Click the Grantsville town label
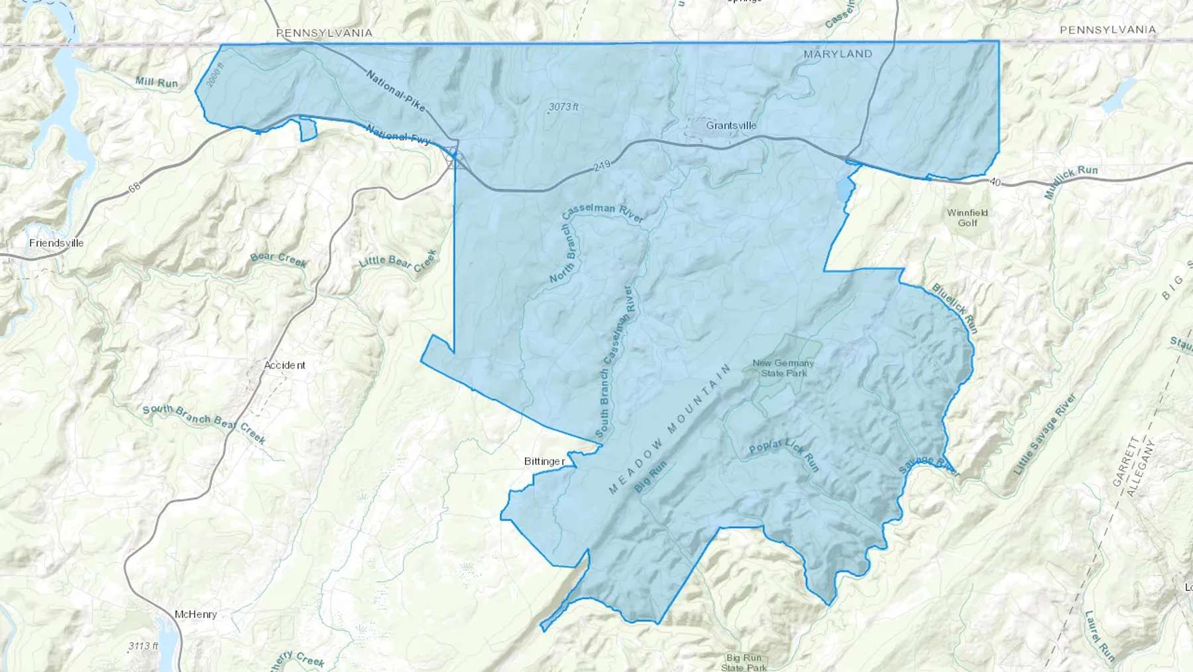[x=731, y=125]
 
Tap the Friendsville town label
[x=56, y=243]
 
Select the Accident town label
[x=284, y=365]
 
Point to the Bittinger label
[x=544, y=461]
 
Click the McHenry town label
[x=196, y=614]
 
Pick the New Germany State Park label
[x=783, y=368]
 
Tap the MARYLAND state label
[x=838, y=54]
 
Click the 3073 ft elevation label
[x=563, y=106]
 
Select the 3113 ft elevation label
[x=143, y=645]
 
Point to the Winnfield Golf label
[x=967, y=218]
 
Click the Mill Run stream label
[x=156, y=82]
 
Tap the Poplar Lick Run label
[x=785, y=454]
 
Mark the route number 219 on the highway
[x=602, y=165]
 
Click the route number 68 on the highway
[x=135, y=188]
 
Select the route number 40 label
[x=994, y=182]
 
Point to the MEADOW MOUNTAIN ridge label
[x=669, y=429]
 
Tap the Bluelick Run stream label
[x=955, y=308]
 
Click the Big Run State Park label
[x=744, y=662]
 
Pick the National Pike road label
[x=395, y=92]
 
